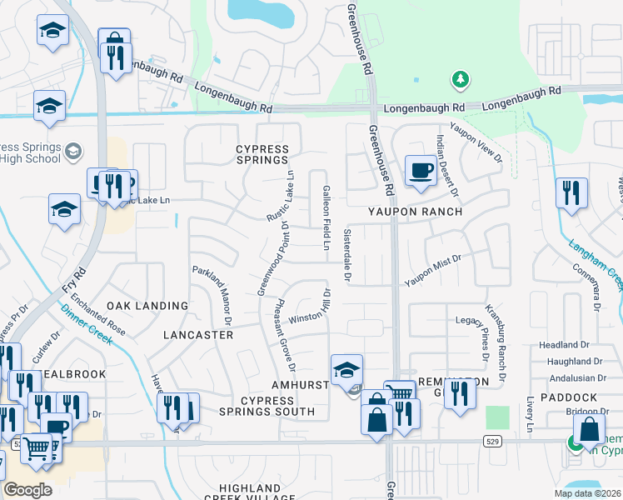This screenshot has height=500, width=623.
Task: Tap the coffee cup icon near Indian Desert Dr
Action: coord(420,171)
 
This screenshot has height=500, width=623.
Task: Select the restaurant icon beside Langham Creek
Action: coord(571,193)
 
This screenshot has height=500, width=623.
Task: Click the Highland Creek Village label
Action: coord(250,492)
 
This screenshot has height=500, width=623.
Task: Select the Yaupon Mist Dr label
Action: coord(433,271)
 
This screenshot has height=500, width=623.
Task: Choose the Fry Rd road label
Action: coord(80,282)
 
